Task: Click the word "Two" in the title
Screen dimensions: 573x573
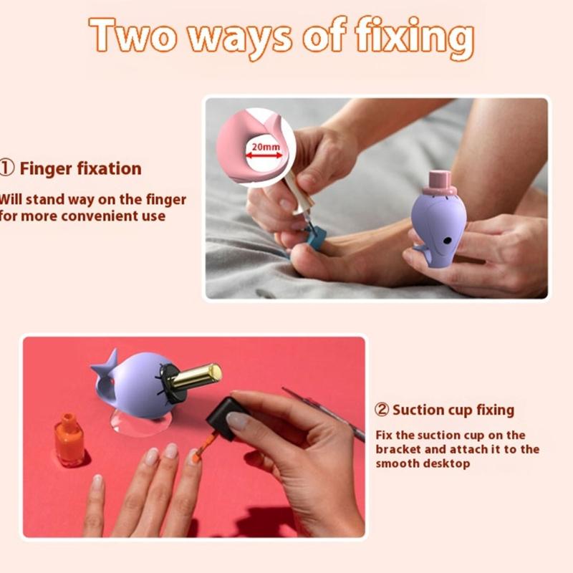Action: [x=133, y=34]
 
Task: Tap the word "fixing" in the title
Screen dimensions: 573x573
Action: [x=415, y=38]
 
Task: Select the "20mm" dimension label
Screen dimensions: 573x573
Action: [x=266, y=147]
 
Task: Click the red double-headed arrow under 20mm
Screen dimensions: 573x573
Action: [x=264, y=155]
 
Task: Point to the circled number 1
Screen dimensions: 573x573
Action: [x=7, y=168]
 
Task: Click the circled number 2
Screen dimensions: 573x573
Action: [x=382, y=410]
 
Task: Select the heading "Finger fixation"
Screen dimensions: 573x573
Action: [x=80, y=168]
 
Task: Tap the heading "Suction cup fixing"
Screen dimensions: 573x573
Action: [x=453, y=410]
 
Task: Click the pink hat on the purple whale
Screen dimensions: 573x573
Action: [x=439, y=183]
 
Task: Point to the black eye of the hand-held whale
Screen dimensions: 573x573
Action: [x=446, y=241]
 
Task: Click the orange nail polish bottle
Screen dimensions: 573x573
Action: [x=69, y=440]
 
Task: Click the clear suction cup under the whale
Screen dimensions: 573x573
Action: [x=140, y=423]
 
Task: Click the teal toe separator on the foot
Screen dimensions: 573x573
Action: [x=314, y=236]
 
